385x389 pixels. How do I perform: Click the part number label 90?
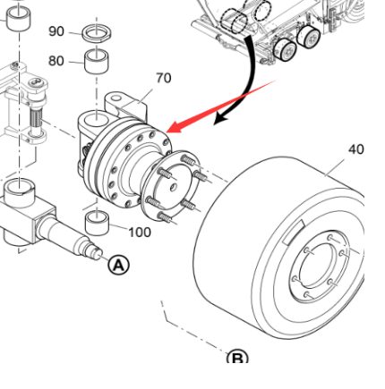pyautogui.click(x=56, y=31)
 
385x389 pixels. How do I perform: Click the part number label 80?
pyautogui.click(x=56, y=62)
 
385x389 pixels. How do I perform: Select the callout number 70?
pyautogui.click(x=163, y=78)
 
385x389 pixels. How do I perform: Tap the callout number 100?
pyautogui.click(x=140, y=233)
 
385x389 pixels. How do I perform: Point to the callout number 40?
pyautogui.click(x=355, y=149)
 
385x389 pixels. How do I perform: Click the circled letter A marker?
pyautogui.click(x=119, y=265)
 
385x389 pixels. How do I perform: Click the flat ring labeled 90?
pyautogui.click(x=96, y=34)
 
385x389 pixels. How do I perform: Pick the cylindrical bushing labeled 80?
pyautogui.click(x=96, y=62)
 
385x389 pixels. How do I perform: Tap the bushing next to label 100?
pyautogui.click(x=96, y=224)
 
